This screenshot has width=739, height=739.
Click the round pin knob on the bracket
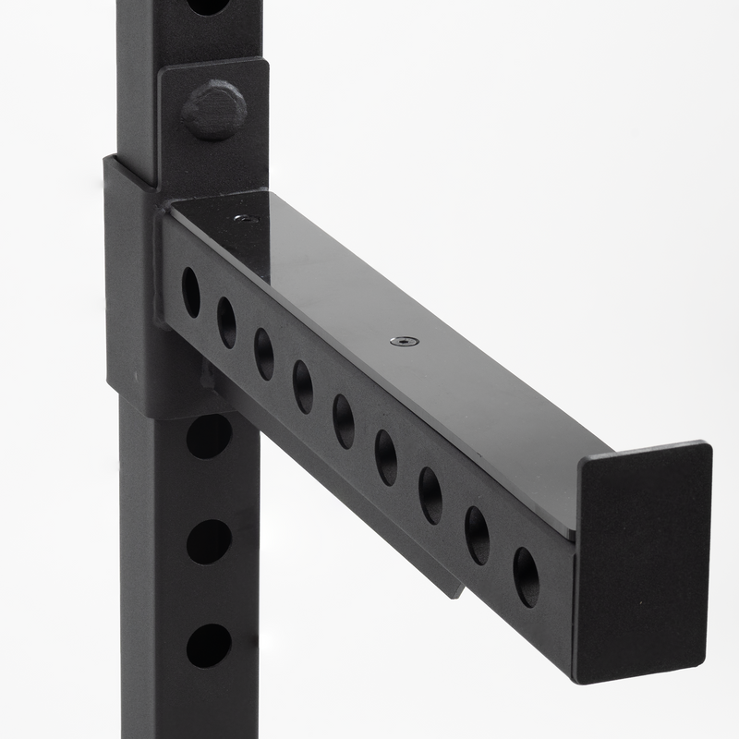tap(214, 109)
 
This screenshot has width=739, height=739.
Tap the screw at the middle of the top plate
tap(404, 341)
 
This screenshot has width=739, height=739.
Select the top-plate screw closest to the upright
tap(247, 219)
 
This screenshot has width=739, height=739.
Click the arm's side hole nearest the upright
tap(190, 292)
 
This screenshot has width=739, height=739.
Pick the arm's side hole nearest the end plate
tap(526, 576)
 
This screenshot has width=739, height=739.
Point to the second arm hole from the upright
tap(226, 322)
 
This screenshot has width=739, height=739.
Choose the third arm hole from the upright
tap(264, 354)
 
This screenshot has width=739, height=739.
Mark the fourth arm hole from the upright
tap(303, 386)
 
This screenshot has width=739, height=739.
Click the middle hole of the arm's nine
tap(343, 420)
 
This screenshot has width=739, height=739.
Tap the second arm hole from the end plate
tap(477, 535)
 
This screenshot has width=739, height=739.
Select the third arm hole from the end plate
tap(430, 494)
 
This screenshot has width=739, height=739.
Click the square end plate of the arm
tap(643, 563)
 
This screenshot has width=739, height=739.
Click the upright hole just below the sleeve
tap(210, 436)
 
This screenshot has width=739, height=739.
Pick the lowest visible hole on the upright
tap(210, 646)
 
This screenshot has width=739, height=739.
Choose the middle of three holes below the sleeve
tap(210, 541)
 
